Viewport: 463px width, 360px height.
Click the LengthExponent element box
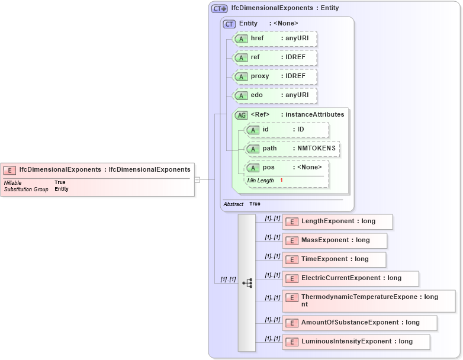tap(337, 221)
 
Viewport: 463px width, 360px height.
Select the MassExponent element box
tap(335, 240)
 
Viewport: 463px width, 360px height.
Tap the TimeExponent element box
tap(334, 259)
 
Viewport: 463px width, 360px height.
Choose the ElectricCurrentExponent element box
tap(351, 278)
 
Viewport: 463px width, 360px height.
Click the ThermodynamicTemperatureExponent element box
tap(368, 301)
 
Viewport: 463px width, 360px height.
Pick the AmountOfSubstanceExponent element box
tap(359, 323)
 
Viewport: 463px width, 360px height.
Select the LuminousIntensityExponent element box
tap(356, 342)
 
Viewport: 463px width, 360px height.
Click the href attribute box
tap(275, 39)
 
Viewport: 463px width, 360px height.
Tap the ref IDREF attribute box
tap(275, 57)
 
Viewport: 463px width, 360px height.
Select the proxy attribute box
tap(275, 76)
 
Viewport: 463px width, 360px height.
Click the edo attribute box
tap(275, 95)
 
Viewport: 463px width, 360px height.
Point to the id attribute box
tap(287, 130)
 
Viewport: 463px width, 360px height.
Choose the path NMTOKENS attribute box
tap(292, 149)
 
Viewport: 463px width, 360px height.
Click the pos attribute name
tap(269, 168)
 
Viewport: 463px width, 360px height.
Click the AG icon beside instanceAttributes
tap(242, 115)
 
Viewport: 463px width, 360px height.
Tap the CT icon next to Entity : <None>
tap(229, 24)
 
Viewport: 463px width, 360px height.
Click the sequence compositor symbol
tap(247, 284)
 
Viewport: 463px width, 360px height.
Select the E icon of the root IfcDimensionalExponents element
tap(9, 170)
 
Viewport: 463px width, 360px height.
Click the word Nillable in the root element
tap(12, 183)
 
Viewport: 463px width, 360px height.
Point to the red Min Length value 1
tap(281, 180)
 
